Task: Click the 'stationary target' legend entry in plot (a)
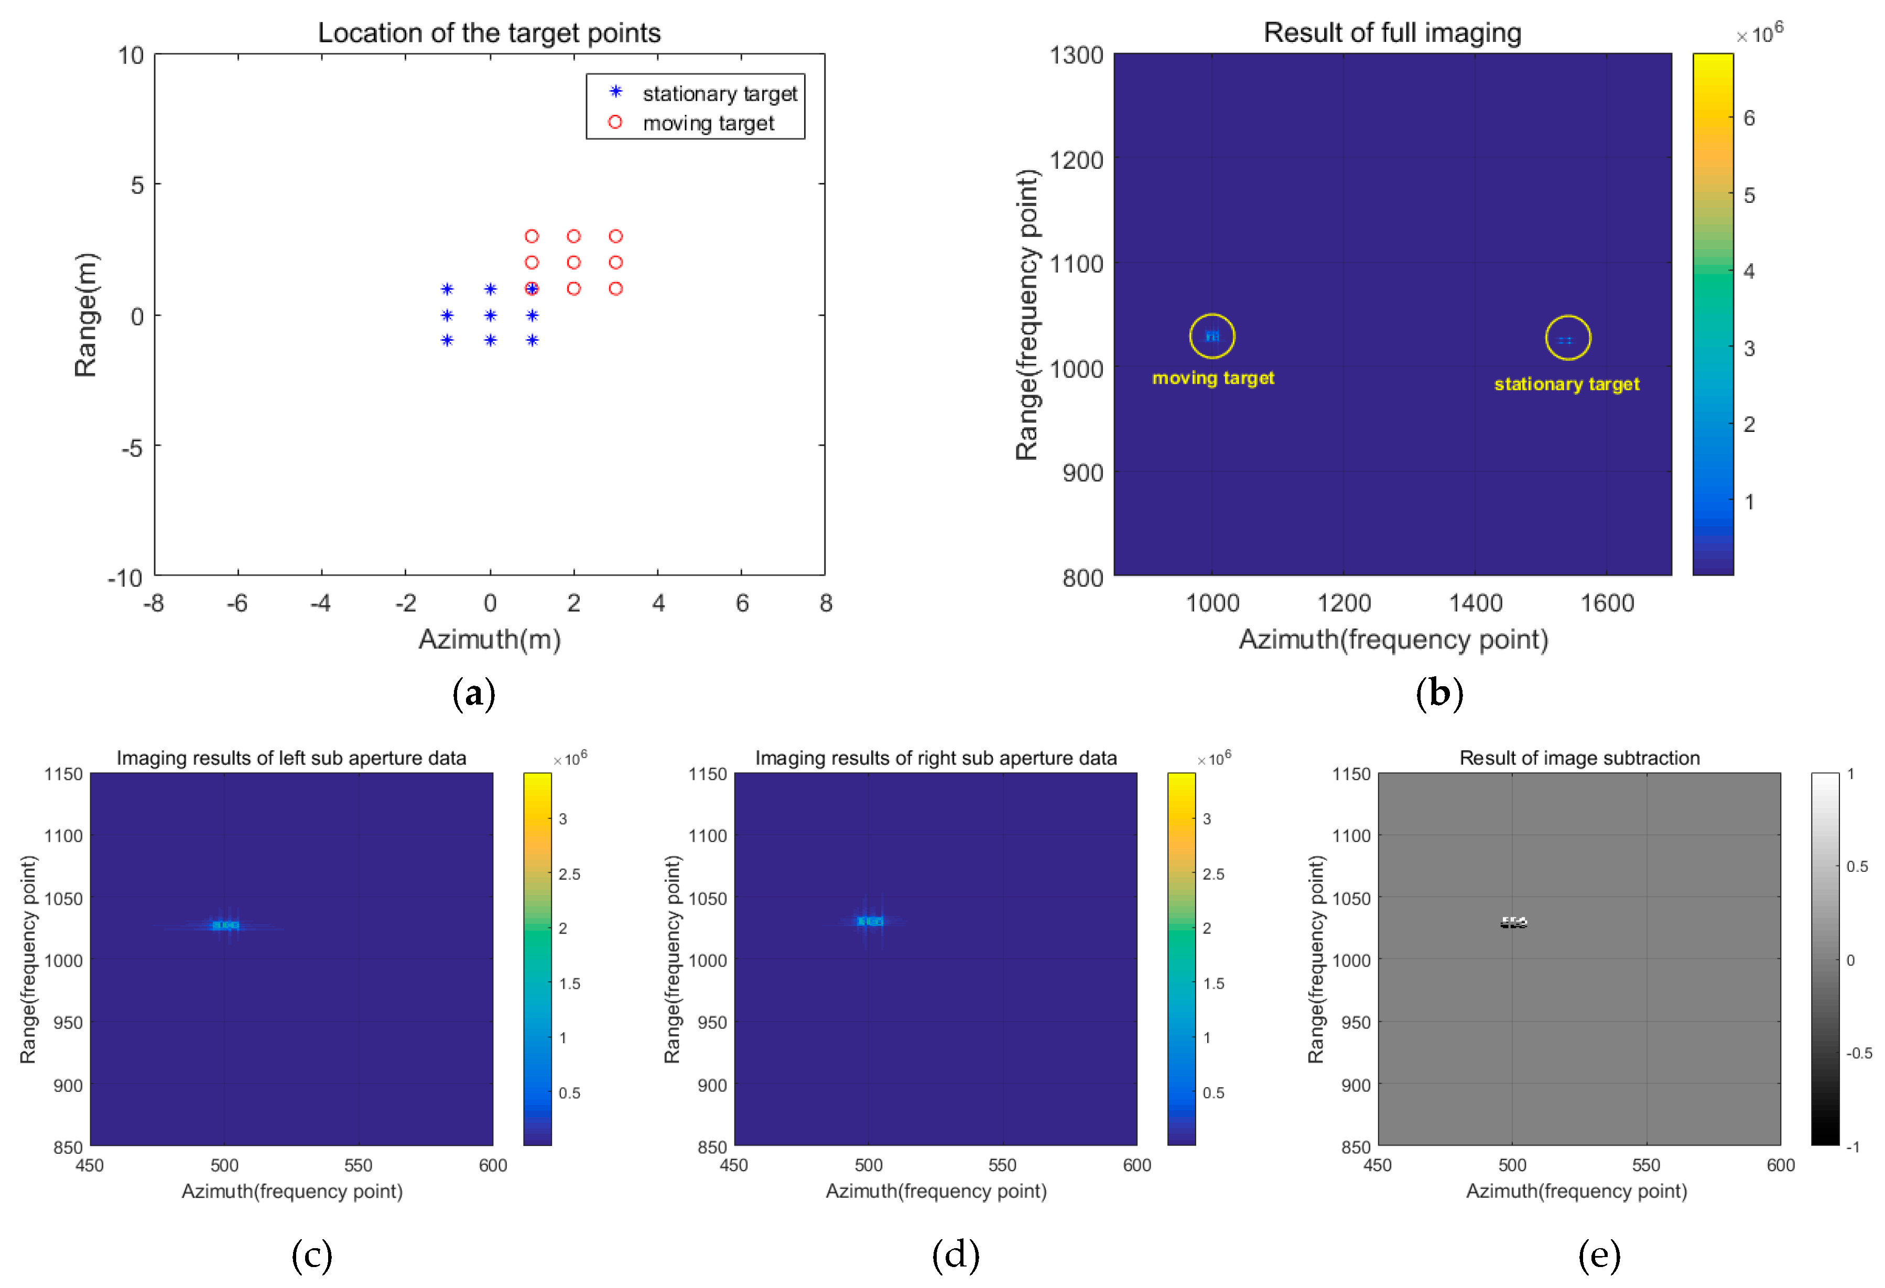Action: pos(719,94)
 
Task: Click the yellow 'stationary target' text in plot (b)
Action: pos(1566,384)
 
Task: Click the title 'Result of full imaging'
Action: pos(1392,33)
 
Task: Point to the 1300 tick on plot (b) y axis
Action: pos(1076,55)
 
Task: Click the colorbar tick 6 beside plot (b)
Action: pos(1749,118)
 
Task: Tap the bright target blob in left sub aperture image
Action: pos(225,925)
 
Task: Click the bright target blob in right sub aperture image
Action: pos(870,921)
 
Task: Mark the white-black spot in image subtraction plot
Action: pos(1513,922)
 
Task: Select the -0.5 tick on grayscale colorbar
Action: pos(1859,1053)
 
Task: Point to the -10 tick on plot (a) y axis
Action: pos(126,578)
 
